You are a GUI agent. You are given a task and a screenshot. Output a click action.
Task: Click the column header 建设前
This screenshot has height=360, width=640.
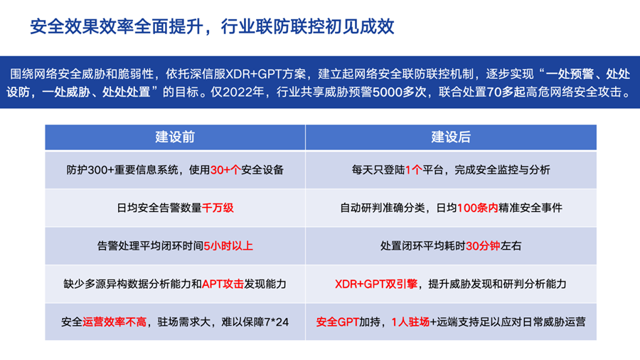[175, 137]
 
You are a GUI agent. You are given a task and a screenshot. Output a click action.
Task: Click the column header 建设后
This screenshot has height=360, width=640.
[451, 137]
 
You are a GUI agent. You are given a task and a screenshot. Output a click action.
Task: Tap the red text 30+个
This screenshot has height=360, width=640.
[225, 170]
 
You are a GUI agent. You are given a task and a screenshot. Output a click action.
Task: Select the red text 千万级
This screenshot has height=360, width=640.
[218, 208]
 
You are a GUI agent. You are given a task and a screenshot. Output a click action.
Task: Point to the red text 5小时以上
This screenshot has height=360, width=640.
[228, 245]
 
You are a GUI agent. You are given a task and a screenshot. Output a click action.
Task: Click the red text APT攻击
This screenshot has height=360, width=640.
[223, 284]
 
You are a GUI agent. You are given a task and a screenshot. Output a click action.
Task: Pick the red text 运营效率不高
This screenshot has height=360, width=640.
[114, 322]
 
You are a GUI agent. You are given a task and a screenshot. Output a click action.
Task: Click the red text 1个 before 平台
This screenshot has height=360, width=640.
[413, 170]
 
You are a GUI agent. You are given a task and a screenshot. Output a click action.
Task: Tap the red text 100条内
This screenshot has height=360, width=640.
[478, 208]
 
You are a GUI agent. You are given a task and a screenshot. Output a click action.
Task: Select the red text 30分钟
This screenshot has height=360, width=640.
[483, 245]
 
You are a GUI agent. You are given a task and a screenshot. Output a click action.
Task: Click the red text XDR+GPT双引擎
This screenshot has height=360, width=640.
[376, 284]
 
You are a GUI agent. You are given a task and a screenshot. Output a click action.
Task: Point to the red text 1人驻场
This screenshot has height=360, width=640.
[410, 322]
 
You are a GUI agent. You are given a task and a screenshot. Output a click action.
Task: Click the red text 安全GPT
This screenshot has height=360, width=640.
[338, 322]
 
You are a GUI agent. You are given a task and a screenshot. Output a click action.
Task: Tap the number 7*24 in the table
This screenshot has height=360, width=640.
[277, 322]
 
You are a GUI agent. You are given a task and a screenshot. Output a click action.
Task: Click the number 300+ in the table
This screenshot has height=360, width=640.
[100, 170]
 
